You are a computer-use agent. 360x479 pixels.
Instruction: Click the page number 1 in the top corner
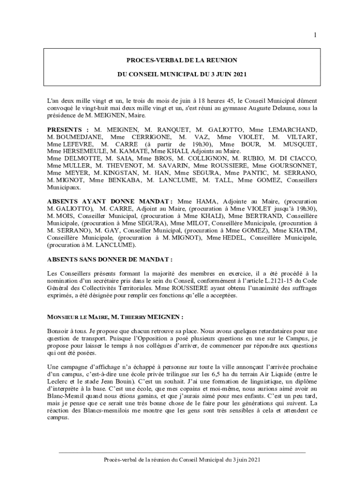pyautogui.click(x=315, y=35)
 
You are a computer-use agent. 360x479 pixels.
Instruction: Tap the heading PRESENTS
pyautogui.click(x=65, y=130)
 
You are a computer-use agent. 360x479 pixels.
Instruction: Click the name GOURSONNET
pyautogui.click(x=294, y=166)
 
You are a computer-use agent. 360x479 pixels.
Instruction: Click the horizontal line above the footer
pyautogui.click(x=182, y=452)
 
